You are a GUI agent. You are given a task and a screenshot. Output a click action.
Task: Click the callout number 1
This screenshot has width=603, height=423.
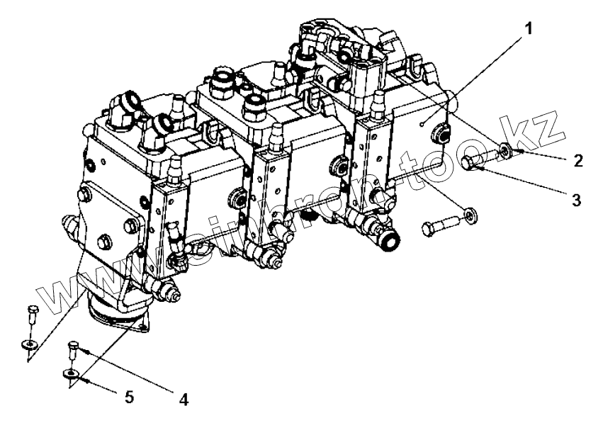(x=528, y=29)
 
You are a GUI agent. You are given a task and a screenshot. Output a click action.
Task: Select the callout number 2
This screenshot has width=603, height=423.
(x=578, y=160)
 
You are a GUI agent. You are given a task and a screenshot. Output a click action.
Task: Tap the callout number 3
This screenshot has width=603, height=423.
(x=577, y=200)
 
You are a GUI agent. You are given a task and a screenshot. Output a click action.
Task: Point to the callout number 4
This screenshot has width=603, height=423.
(x=184, y=399)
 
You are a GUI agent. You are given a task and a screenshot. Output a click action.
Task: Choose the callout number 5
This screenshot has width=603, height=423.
(x=129, y=396)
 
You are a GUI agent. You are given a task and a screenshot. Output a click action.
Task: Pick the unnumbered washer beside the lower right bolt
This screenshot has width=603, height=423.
(x=468, y=213)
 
